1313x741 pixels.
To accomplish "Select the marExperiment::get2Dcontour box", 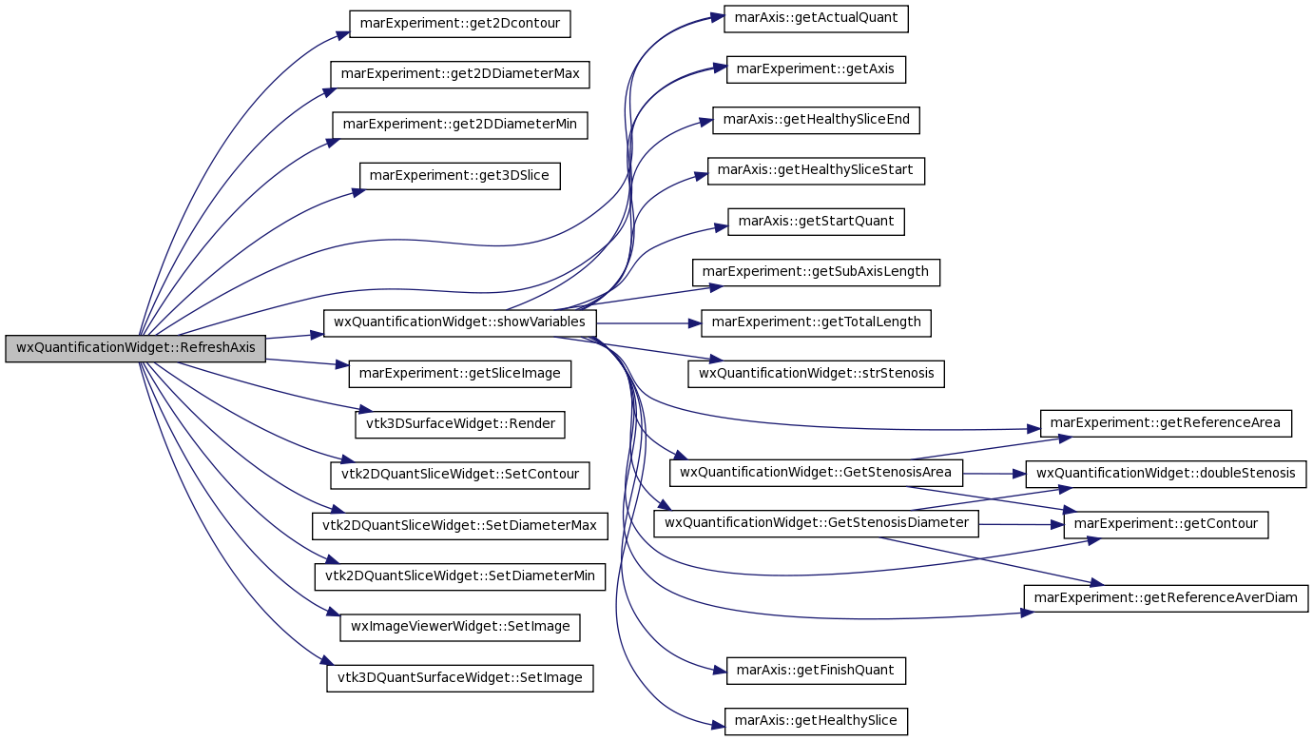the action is [x=459, y=24].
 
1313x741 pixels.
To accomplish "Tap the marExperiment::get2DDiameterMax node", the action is [x=459, y=74].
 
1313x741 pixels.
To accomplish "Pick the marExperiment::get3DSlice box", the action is [x=459, y=176].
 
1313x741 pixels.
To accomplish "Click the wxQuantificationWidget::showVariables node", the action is [x=459, y=323].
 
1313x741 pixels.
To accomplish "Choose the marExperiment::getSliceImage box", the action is [x=459, y=374].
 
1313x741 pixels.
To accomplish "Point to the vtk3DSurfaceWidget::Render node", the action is [x=459, y=424].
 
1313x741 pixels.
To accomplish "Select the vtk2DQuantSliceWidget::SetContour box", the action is [x=459, y=475].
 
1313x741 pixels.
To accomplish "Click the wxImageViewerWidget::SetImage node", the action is [x=459, y=627].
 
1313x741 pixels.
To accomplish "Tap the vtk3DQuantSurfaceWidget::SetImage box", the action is [x=459, y=678].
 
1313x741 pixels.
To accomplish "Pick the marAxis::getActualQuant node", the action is [x=816, y=19].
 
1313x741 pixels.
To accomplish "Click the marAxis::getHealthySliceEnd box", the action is [x=816, y=120].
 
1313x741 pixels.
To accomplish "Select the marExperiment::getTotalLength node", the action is [x=816, y=323].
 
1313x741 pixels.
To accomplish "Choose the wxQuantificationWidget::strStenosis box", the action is [x=816, y=374].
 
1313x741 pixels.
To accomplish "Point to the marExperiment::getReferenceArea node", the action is [x=1166, y=423].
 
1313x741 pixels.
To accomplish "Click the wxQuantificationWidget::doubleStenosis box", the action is [x=1166, y=474].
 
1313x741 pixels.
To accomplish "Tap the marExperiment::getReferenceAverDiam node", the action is [x=1166, y=598].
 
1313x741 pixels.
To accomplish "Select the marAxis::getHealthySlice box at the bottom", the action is [x=816, y=722].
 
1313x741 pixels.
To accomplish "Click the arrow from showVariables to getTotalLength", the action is [x=648, y=323].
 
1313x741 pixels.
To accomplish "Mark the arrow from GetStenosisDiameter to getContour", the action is [x=1021, y=525].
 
